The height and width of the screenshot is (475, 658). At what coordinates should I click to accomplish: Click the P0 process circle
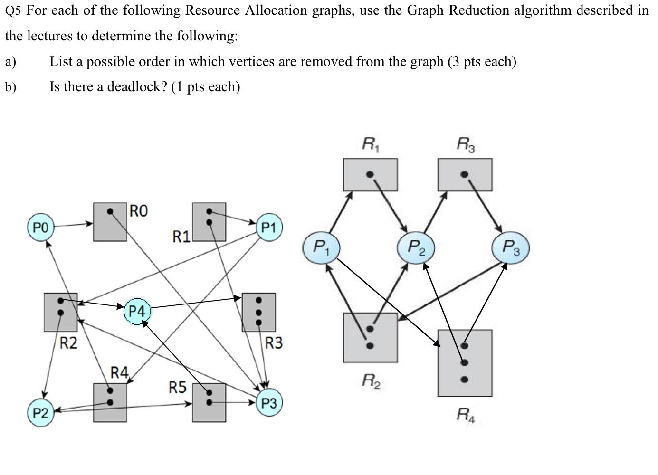coord(40,228)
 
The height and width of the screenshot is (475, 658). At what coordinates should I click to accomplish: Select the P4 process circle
coord(137,312)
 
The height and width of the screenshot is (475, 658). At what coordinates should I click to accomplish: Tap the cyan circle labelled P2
coord(40,412)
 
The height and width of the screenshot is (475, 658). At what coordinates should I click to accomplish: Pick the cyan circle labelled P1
coord(269,228)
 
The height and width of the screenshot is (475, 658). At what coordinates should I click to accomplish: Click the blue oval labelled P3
coord(510,247)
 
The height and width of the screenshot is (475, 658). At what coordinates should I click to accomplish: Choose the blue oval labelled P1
coord(321,247)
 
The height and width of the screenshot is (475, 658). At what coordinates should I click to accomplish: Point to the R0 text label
coord(139,210)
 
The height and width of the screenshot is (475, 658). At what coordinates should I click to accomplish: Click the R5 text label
coord(177,388)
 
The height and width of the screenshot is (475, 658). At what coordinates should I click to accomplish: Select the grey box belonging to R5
coord(209,403)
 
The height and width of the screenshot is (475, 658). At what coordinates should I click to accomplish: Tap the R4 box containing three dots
coord(465,363)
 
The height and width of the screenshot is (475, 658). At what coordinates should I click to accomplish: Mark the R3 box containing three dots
coord(258,312)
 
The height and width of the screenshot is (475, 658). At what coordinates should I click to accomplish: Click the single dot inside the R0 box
coord(110,211)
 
